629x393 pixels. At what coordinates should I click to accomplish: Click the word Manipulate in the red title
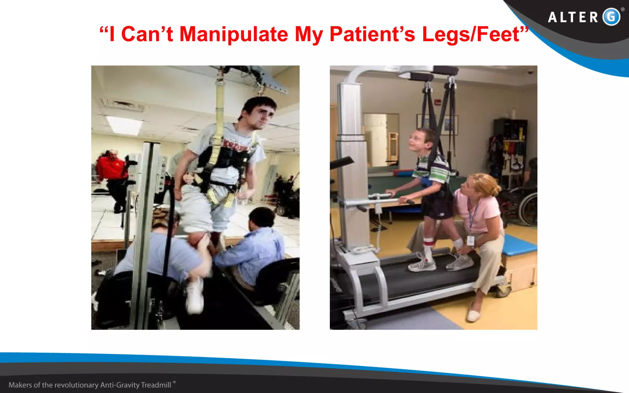(x=233, y=34)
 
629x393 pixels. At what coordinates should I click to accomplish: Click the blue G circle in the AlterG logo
(x=611, y=17)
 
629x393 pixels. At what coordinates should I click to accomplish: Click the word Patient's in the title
(x=372, y=34)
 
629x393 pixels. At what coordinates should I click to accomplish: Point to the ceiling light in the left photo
(x=124, y=124)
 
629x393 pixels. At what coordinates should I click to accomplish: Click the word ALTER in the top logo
(x=573, y=17)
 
